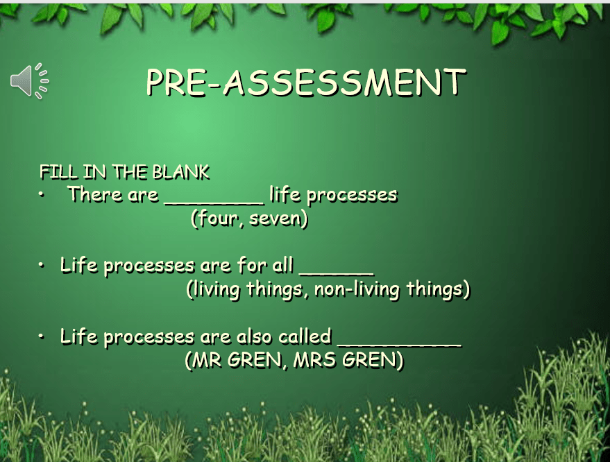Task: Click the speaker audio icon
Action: click(x=30, y=81)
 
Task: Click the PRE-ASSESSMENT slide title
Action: click(x=306, y=83)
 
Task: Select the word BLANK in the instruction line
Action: click(x=181, y=172)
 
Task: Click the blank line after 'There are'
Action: click(x=214, y=203)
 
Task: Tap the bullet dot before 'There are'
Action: click(x=42, y=195)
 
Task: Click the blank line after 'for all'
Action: click(x=337, y=274)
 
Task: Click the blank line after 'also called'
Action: click(x=400, y=345)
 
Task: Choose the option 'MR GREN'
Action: click(x=237, y=360)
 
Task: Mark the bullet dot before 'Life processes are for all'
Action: click(x=42, y=266)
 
